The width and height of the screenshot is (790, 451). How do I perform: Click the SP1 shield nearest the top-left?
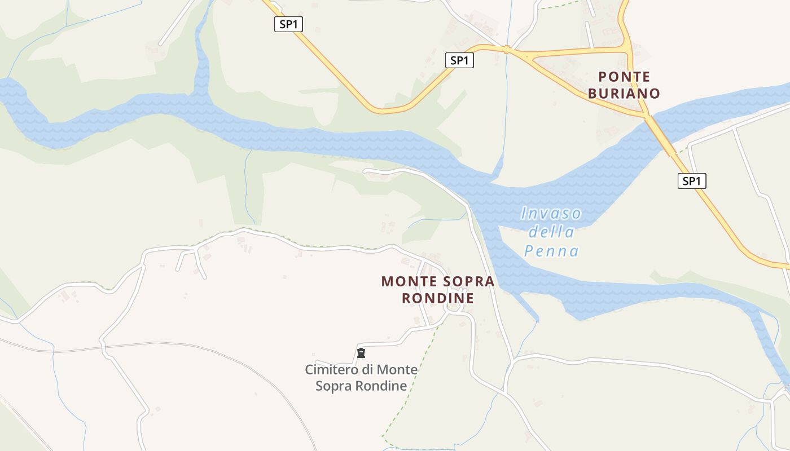pyautogui.click(x=288, y=24)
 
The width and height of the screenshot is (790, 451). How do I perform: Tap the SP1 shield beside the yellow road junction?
pyautogui.click(x=459, y=60)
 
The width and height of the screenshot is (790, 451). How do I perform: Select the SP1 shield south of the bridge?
pyautogui.click(x=691, y=181)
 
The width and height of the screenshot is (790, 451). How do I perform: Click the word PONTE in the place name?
pyautogui.click(x=624, y=77)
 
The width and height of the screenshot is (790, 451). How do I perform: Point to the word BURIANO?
pyautogui.click(x=624, y=94)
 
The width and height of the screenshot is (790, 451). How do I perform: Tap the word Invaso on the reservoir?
pyautogui.click(x=551, y=214)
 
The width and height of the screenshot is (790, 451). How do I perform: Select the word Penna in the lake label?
pyautogui.click(x=551, y=251)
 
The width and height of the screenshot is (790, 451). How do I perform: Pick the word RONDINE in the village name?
pyautogui.click(x=438, y=298)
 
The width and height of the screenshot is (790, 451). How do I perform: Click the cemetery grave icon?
pyautogui.click(x=361, y=353)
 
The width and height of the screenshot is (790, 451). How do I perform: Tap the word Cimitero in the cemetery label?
pyautogui.click(x=332, y=370)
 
